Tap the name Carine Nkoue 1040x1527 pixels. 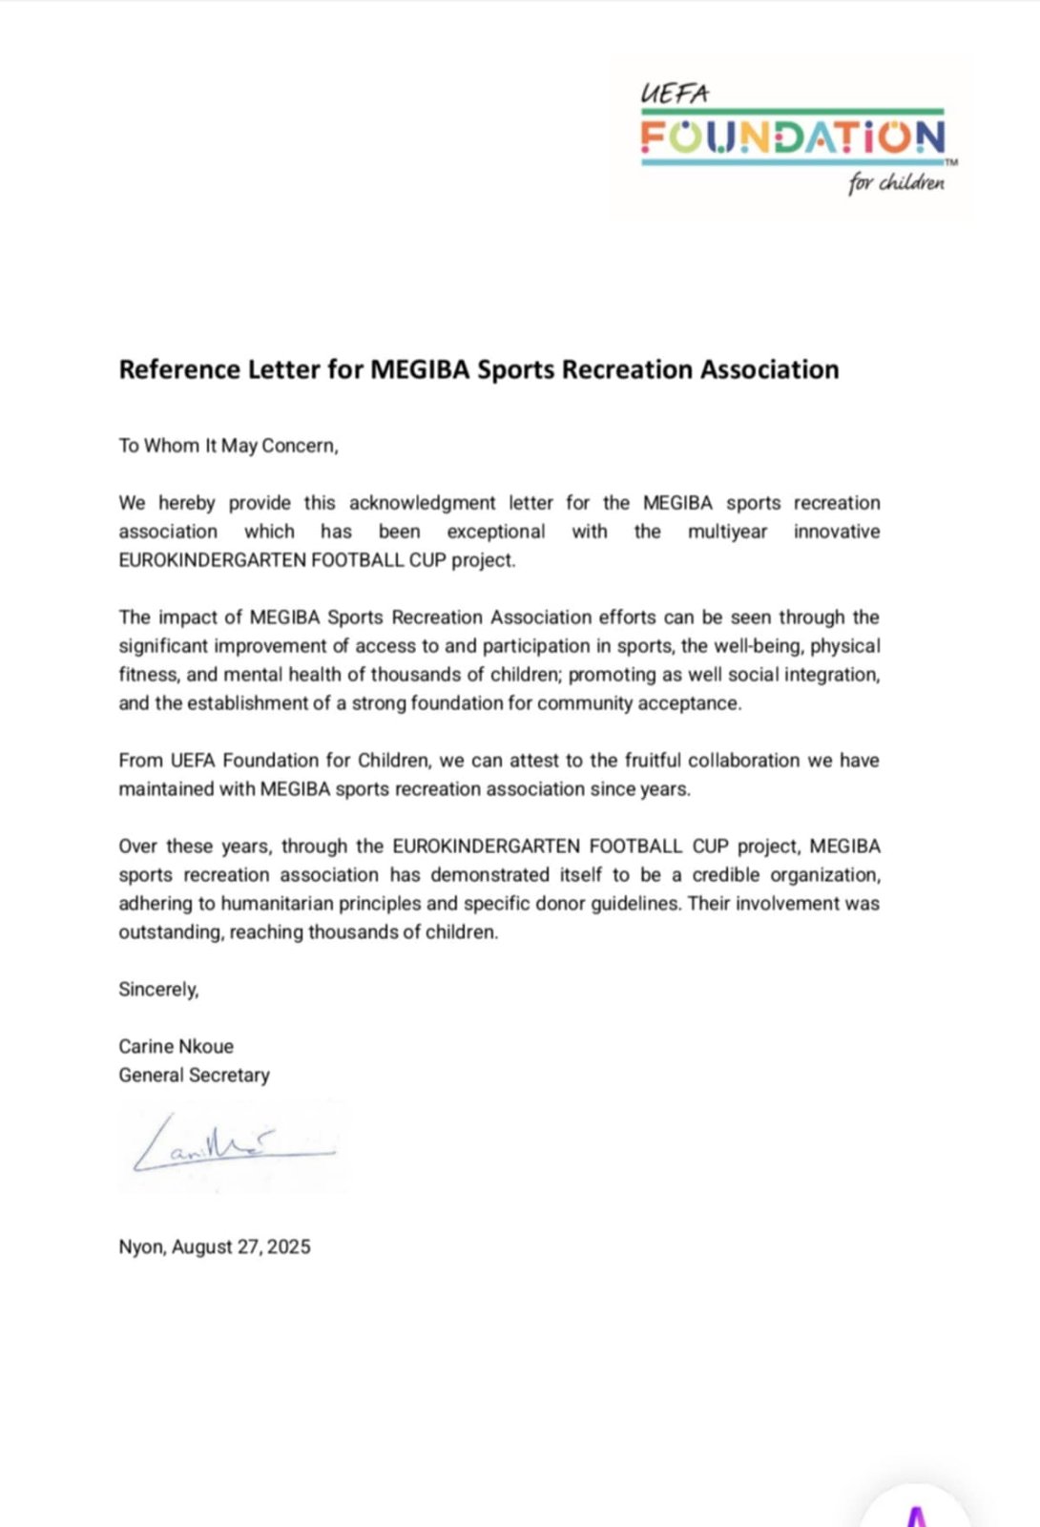coord(176,1046)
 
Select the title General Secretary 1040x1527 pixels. coord(194,1075)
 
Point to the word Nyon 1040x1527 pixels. coord(140,1246)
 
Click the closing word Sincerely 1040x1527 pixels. coord(158,989)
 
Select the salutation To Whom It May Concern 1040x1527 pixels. coord(228,446)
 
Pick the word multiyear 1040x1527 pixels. coord(727,532)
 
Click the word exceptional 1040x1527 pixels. coord(496,532)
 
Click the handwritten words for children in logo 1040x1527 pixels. coord(896,182)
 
